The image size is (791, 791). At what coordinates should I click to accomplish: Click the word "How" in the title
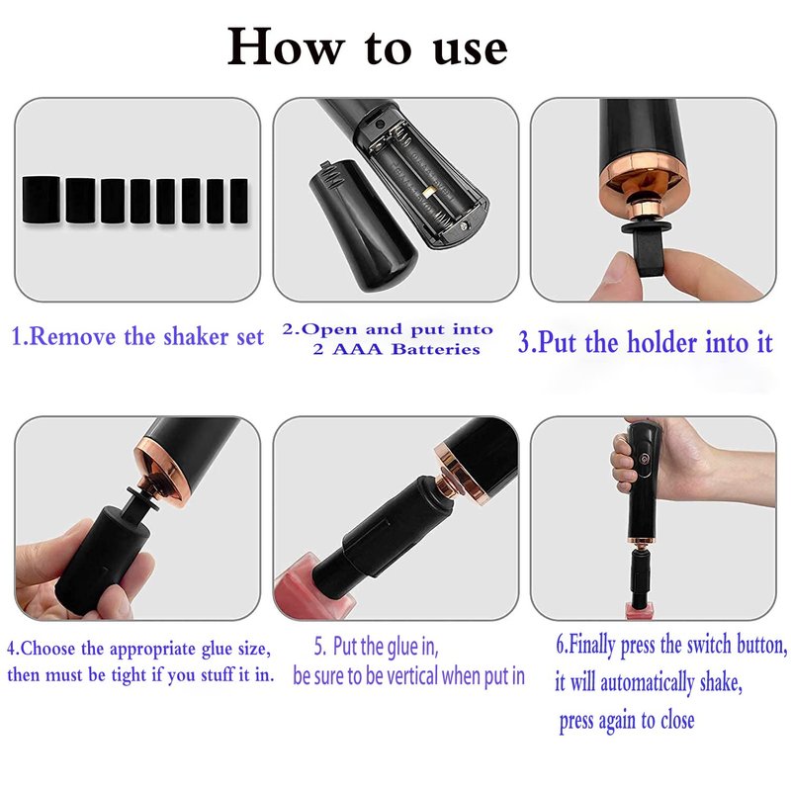coord(286,46)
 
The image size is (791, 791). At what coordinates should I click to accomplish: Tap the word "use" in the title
coord(471,49)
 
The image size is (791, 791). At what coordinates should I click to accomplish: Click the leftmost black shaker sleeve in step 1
coord(41,200)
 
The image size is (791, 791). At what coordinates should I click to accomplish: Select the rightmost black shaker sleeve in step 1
coord(239,201)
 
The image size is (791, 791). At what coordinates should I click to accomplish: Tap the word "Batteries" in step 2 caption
coord(436,349)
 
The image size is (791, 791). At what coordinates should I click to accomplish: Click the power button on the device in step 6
coord(645,459)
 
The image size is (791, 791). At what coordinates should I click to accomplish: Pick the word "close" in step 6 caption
coord(677,720)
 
